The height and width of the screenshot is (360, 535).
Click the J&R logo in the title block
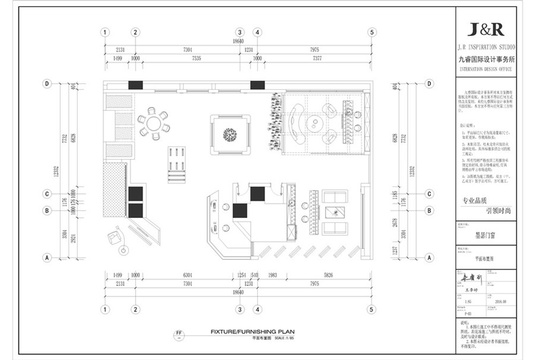486,29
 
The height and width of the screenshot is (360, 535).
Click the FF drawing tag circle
178,334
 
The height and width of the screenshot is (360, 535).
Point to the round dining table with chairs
154,124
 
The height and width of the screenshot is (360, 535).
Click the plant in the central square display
231,134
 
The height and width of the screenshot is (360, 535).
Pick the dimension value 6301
188,276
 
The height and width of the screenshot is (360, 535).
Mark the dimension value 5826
329,276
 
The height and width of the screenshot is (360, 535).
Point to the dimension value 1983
273,276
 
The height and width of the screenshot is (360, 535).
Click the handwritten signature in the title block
474,276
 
